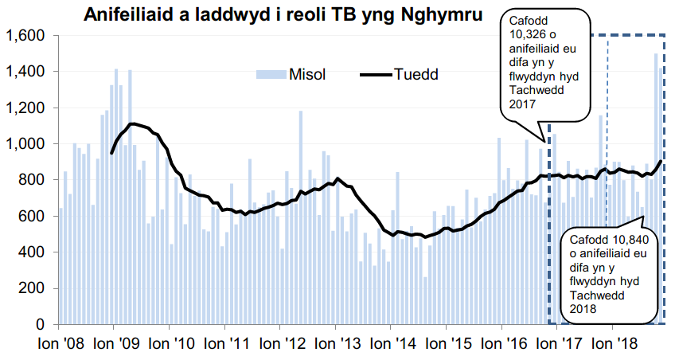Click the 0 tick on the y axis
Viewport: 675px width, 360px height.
[41, 325]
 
